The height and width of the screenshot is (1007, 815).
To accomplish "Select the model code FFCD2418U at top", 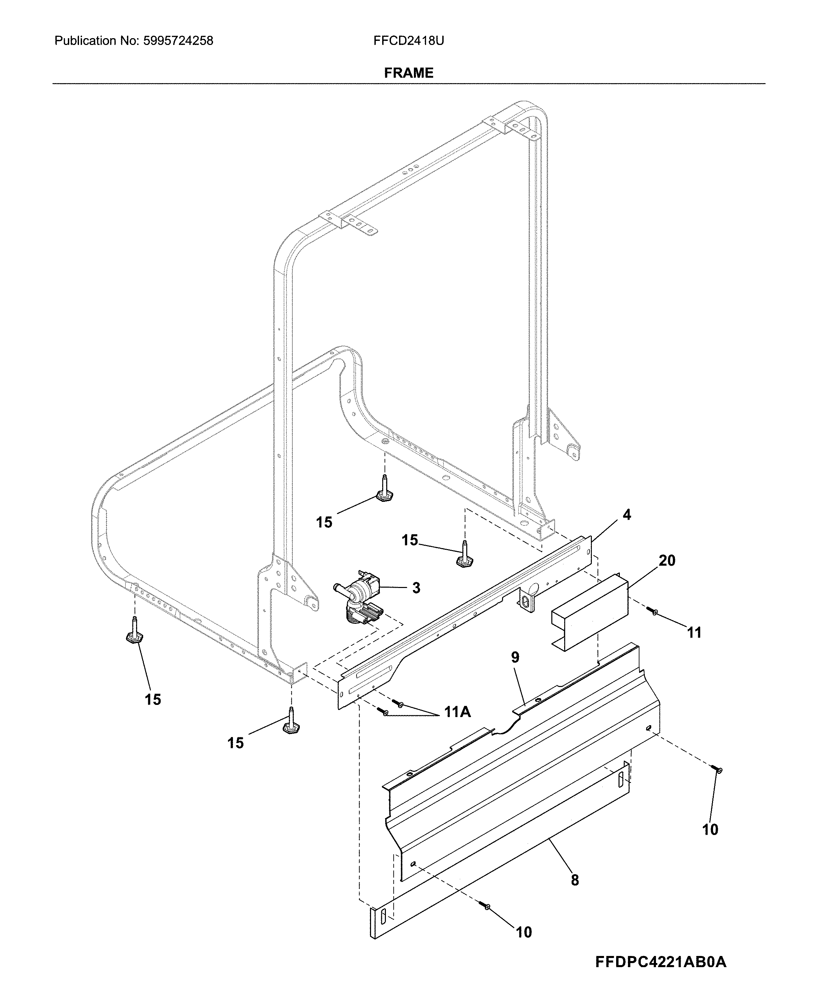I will click(409, 41).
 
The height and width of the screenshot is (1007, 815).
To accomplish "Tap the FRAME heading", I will click(409, 73).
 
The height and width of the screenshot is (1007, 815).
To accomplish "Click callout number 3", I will click(416, 588).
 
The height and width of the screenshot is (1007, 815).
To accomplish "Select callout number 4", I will click(627, 515).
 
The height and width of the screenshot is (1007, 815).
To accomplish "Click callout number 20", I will click(667, 561).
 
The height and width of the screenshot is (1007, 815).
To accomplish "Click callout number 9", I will click(515, 657).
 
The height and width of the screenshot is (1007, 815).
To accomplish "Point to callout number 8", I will click(575, 880).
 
